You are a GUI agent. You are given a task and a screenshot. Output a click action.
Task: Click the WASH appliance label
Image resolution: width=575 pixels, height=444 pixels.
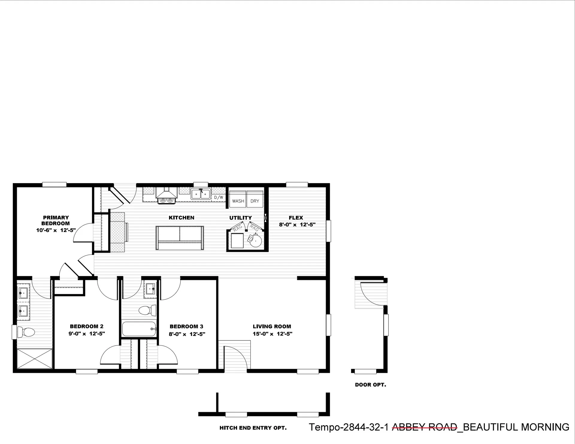(238, 201)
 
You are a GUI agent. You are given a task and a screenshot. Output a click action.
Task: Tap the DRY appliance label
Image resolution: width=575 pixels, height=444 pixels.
(255, 201)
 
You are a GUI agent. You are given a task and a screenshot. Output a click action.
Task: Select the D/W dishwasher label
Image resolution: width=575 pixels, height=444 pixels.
(219, 197)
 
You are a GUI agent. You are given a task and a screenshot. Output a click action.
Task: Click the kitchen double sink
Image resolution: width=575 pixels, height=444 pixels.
(201, 194)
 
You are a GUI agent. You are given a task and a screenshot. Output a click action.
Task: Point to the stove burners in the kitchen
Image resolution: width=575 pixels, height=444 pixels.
(167, 200)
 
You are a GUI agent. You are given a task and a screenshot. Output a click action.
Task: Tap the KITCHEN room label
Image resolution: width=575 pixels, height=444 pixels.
(181, 218)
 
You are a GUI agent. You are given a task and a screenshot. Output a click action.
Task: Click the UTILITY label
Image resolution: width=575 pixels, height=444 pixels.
(240, 218)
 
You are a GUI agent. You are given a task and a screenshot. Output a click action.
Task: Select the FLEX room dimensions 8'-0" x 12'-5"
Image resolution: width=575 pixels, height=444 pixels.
(297, 225)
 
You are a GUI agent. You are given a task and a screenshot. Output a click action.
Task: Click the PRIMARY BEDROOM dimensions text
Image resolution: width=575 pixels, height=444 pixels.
(55, 230)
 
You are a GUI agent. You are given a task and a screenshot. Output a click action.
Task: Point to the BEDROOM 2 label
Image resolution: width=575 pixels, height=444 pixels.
(87, 326)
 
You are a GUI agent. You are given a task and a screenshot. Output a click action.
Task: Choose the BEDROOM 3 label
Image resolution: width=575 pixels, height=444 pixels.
(186, 326)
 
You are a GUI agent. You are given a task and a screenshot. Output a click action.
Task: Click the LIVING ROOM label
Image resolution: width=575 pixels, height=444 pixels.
(272, 326)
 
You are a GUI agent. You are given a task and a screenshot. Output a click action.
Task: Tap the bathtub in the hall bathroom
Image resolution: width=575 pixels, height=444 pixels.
(139, 329)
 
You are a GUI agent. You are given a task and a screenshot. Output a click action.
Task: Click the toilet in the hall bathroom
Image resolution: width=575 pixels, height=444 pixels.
(147, 310)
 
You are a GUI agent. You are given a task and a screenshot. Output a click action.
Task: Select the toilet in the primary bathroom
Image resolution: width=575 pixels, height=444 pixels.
(26, 332)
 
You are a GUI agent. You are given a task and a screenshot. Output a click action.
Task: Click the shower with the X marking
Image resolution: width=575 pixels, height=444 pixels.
(35, 359)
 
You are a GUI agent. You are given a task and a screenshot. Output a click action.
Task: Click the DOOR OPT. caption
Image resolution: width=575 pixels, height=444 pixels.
(370, 385)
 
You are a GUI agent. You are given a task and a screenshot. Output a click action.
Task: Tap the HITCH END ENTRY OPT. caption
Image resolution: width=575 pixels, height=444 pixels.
(253, 428)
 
